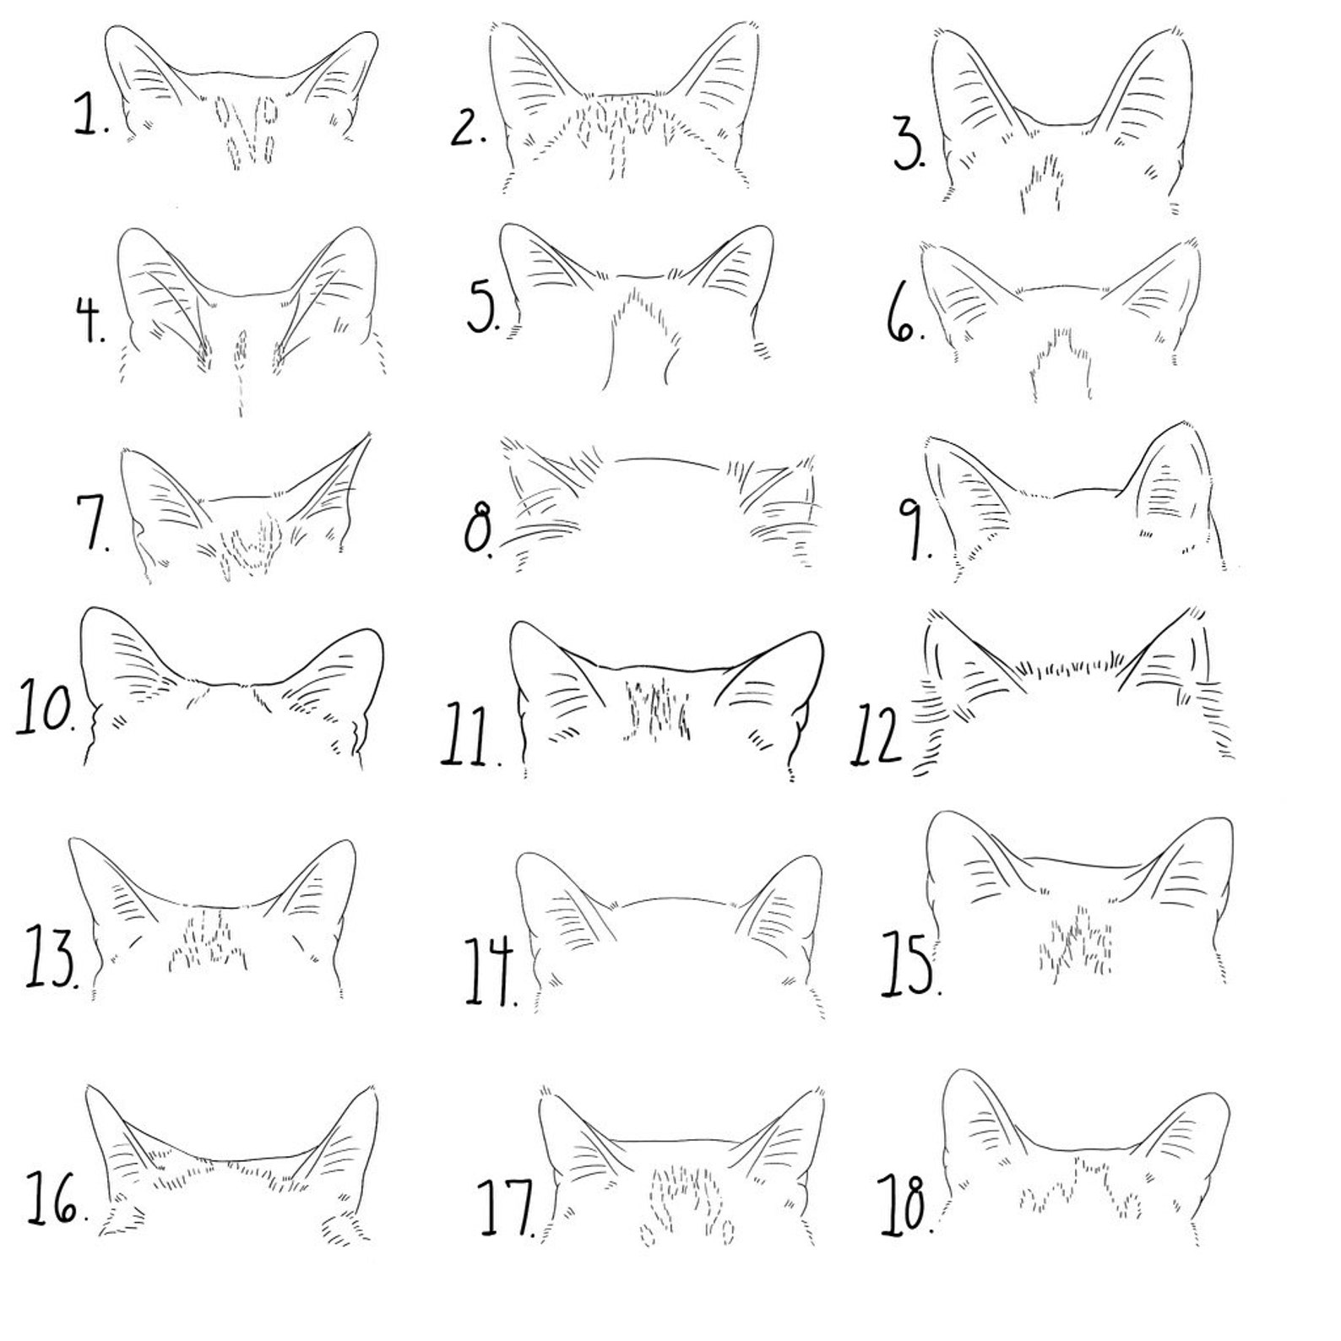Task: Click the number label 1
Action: pyautogui.click(x=90, y=116)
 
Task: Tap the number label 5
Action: pyautogui.click(x=484, y=308)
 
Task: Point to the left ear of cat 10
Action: pyautogui.click(x=122, y=654)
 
